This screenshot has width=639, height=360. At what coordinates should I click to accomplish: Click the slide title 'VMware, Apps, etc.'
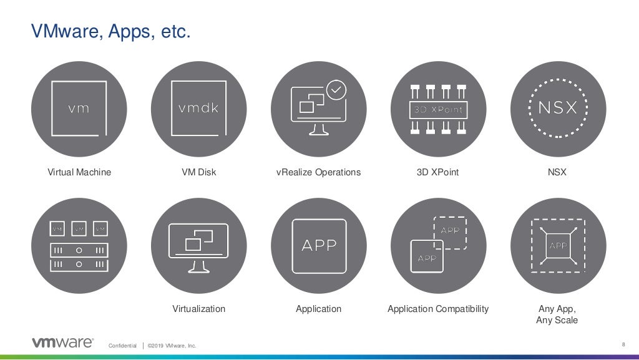110,31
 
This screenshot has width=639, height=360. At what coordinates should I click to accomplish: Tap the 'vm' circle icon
79,109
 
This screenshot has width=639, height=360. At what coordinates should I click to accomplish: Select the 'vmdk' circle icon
198,109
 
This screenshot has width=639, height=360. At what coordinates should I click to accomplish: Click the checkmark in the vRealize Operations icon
337,90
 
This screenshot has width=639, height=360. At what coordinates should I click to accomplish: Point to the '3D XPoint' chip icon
438,109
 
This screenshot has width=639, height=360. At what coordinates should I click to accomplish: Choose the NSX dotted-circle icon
558,109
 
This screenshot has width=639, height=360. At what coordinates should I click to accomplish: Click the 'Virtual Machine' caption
79,172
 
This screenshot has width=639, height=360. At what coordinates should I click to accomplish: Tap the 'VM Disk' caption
198,172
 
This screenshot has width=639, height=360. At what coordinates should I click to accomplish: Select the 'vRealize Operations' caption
318,172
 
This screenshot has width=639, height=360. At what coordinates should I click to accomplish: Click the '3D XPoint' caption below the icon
437,172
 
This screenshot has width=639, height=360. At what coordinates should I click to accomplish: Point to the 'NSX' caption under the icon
557,172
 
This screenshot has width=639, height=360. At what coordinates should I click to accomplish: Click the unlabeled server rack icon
79,245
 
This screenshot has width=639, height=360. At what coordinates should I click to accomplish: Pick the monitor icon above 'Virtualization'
198,245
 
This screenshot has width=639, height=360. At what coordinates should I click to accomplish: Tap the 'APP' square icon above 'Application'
318,245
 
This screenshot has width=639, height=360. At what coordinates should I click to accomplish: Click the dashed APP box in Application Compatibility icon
450,233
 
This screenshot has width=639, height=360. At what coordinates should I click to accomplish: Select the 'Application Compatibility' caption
438,309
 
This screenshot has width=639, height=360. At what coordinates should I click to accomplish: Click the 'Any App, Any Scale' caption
557,314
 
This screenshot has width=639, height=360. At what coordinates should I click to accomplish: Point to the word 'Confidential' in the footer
122,346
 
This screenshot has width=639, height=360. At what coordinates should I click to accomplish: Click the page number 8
623,344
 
